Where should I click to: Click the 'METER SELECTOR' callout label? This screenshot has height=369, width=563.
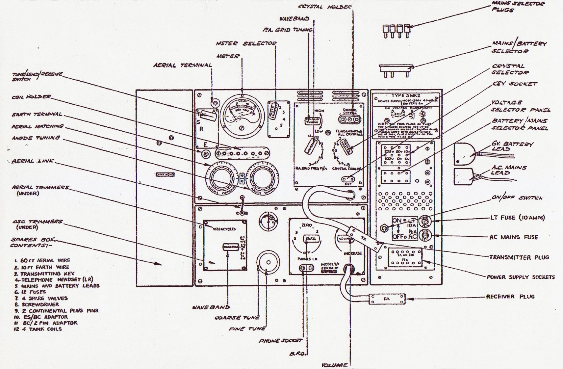[246, 43]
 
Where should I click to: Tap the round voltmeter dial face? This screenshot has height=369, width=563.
[241, 115]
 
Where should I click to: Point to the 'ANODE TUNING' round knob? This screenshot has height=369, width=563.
[262, 178]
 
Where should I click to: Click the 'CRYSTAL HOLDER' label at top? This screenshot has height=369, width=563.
[324, 7]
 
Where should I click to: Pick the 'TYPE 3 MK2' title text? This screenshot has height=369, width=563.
[406, 95]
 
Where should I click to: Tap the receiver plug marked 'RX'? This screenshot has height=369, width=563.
[387, 299]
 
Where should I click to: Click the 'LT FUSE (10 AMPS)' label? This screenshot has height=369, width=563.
[517, 218]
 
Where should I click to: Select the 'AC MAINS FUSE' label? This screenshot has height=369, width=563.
[513, 237]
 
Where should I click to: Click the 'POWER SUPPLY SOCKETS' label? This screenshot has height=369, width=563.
[521, 277]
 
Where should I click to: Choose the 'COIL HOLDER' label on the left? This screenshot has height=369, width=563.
[31, 97]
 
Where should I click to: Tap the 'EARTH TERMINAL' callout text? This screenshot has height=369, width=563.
[37, 114]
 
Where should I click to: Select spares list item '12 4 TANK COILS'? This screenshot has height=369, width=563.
[38, 329]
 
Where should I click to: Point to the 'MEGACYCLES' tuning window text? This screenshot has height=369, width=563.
[224, 229]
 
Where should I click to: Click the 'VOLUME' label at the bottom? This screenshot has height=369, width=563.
[334, 365]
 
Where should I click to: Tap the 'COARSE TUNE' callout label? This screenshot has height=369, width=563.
[237, 318]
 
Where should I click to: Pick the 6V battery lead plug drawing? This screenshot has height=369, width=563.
[464, 154]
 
